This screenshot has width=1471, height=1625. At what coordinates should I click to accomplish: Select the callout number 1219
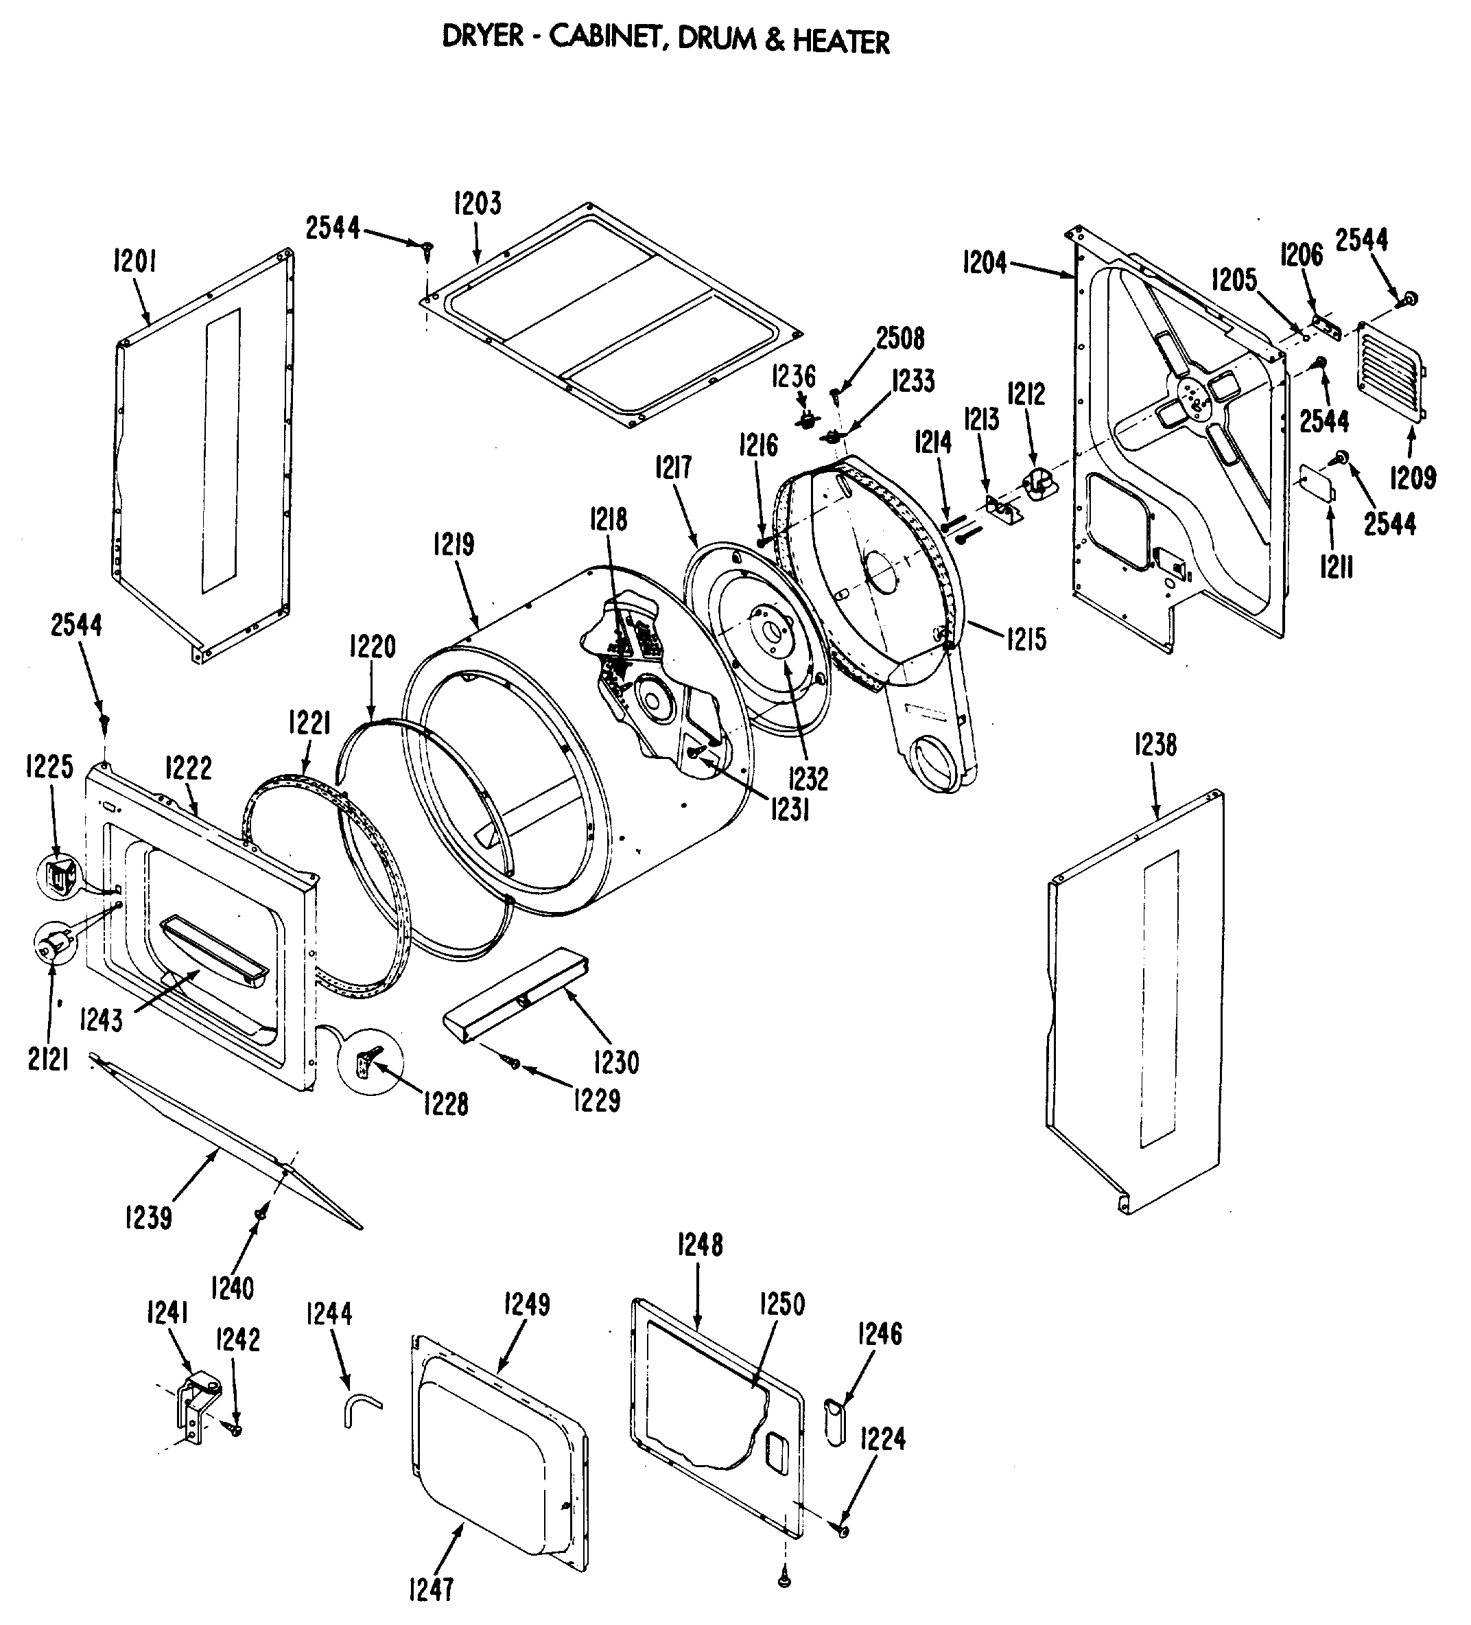453,546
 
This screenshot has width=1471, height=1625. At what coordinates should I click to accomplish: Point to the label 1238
1155,745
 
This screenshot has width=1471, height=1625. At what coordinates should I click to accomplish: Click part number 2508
900,338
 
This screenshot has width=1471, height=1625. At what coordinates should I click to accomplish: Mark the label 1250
782,1303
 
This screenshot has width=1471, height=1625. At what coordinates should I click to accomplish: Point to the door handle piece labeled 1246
833,1423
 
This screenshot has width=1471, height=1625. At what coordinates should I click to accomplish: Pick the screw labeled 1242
235,1429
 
